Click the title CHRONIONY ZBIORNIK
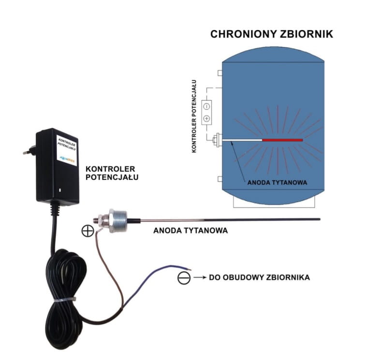coord(271,34)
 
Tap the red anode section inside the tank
coord(282,140)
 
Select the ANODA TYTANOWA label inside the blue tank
coord(277,183)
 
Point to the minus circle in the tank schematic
coord(206,106)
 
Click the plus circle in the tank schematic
coord(206,118)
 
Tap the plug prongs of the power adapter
coord(28,150)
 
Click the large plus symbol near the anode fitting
coord(88,230)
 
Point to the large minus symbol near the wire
coord(184,278)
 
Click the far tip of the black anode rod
coord(319,220)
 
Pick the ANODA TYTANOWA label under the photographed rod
coord(190,230)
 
